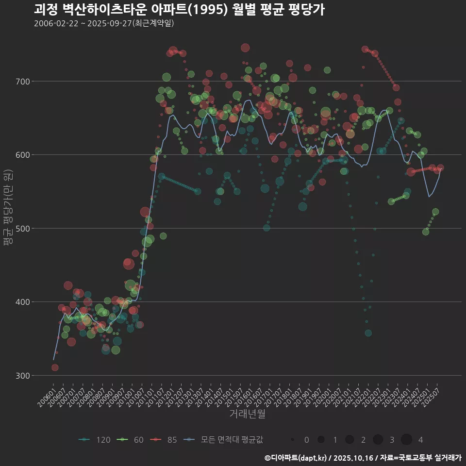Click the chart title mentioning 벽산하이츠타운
coord(179,10)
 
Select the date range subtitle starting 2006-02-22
coord(104,23)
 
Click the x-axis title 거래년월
coord(247,414)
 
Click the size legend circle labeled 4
coord(406,440)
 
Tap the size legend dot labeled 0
coord(293,440)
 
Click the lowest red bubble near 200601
coord(55,367)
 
